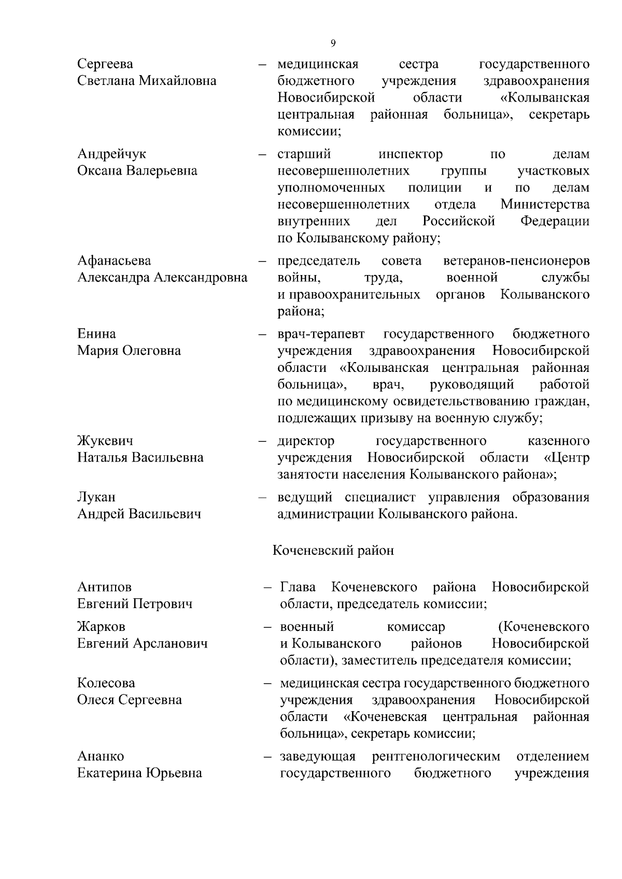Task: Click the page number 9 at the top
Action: click(x=333, y=43)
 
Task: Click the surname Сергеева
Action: click(x=105, y=64)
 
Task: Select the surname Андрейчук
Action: click(x=111, y=154)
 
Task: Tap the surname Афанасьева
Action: click(x=114, y=261)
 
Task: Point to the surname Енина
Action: click(x=96, y=334)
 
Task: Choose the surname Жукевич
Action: click(x=105, y=441)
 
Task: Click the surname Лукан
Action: click(x=96, y=497)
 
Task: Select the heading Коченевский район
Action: click(x=333, y=550)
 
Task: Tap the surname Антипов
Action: click(x=104, y=587)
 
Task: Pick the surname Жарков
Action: click(x=101, y=627)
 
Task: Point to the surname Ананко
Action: click(x=101, y=757)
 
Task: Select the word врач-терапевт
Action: click(x=321, y=334)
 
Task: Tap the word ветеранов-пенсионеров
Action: click(x=516, y=261)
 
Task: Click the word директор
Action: click(x=306, y=441)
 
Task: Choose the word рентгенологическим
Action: click(x=436, y=757)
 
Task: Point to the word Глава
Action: click(x=298, y=587)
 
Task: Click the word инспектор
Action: click(x=411, y=154)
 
